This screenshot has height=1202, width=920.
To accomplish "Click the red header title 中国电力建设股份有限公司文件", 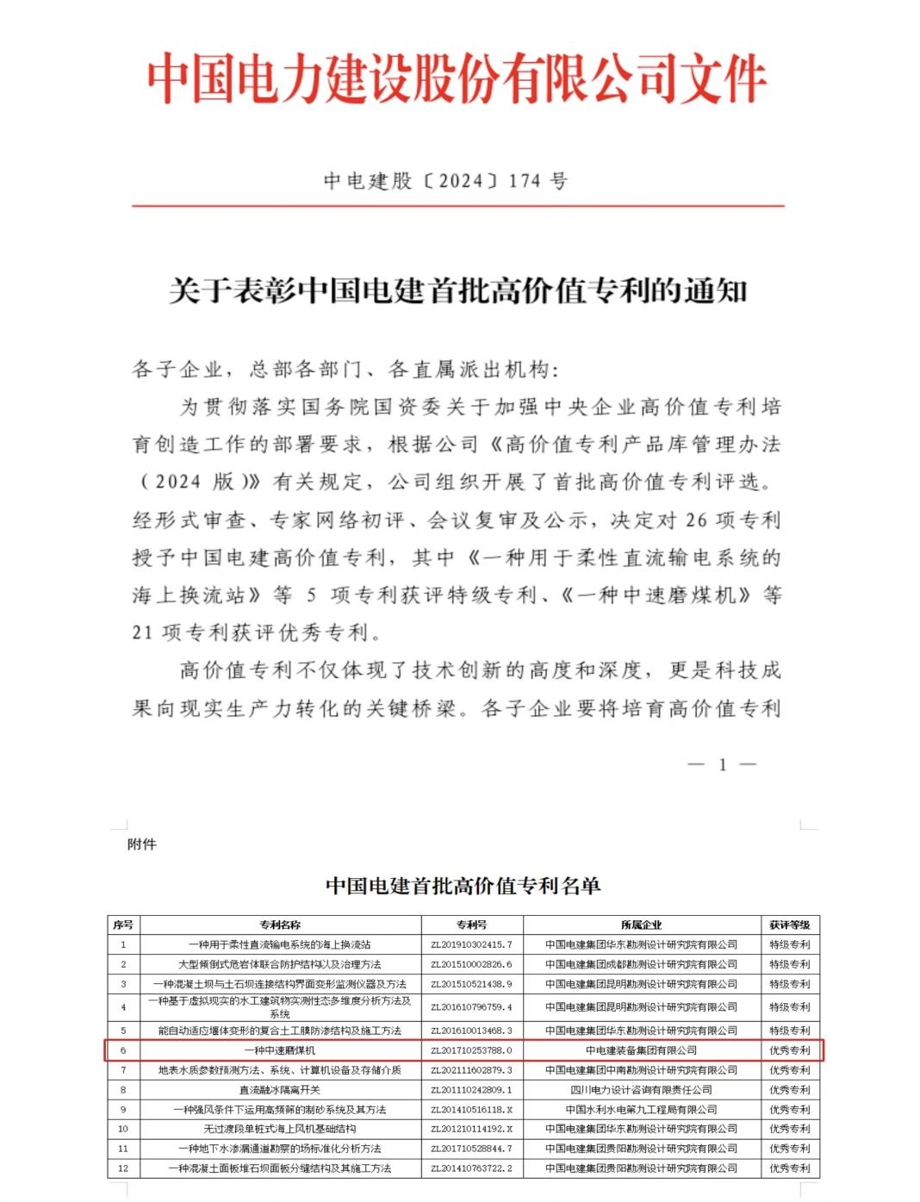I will pyautogui.click(x=457, y=79).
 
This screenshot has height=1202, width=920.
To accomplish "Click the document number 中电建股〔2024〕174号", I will pyautogui.click(x=445, y=181).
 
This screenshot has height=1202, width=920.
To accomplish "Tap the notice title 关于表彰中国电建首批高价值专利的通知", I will pyautogui.click(x=457, y=291).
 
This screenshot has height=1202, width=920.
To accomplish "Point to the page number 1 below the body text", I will pyautogui.click(x=722, y=764).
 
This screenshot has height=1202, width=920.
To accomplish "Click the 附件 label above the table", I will pyautogui.click(x=142, y=844).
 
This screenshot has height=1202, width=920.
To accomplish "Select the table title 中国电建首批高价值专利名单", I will pyautogui.click(x=463, y=886).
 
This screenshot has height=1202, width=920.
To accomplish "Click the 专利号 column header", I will pyautogui.click(x=471, y=925).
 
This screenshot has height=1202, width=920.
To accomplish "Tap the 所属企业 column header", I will pyautogui.click(x=641, y=925).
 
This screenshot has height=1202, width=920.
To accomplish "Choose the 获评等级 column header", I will pyautogui.click(x=789, y=925).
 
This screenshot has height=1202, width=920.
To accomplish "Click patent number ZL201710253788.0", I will pyautogui.click(x=471, y=1050).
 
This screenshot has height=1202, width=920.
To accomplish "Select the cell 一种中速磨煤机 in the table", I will pyautogui.click(x=280, y=1050).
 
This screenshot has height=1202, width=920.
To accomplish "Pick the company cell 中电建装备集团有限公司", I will pyautogui.click(x=641, y=1050).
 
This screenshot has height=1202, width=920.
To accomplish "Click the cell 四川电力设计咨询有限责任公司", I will pyautogui.click(x=641, y=1090).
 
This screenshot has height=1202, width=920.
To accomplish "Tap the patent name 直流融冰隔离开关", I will pyautogui.click(x=280, y=1090).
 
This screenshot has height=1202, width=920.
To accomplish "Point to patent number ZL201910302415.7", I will pyautogui.click(x=471, y=944).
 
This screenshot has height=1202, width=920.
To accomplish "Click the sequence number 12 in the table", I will pyautogui.click(x=123, y=1168).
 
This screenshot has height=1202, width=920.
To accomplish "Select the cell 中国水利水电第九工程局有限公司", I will pyautogui.click(x=641, y=1110).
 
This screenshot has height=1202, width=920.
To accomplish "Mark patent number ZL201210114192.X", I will pyautogui.click(x=471, y=1129).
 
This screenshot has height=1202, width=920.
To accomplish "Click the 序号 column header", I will pyautogui.click(x=123, y=925).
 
